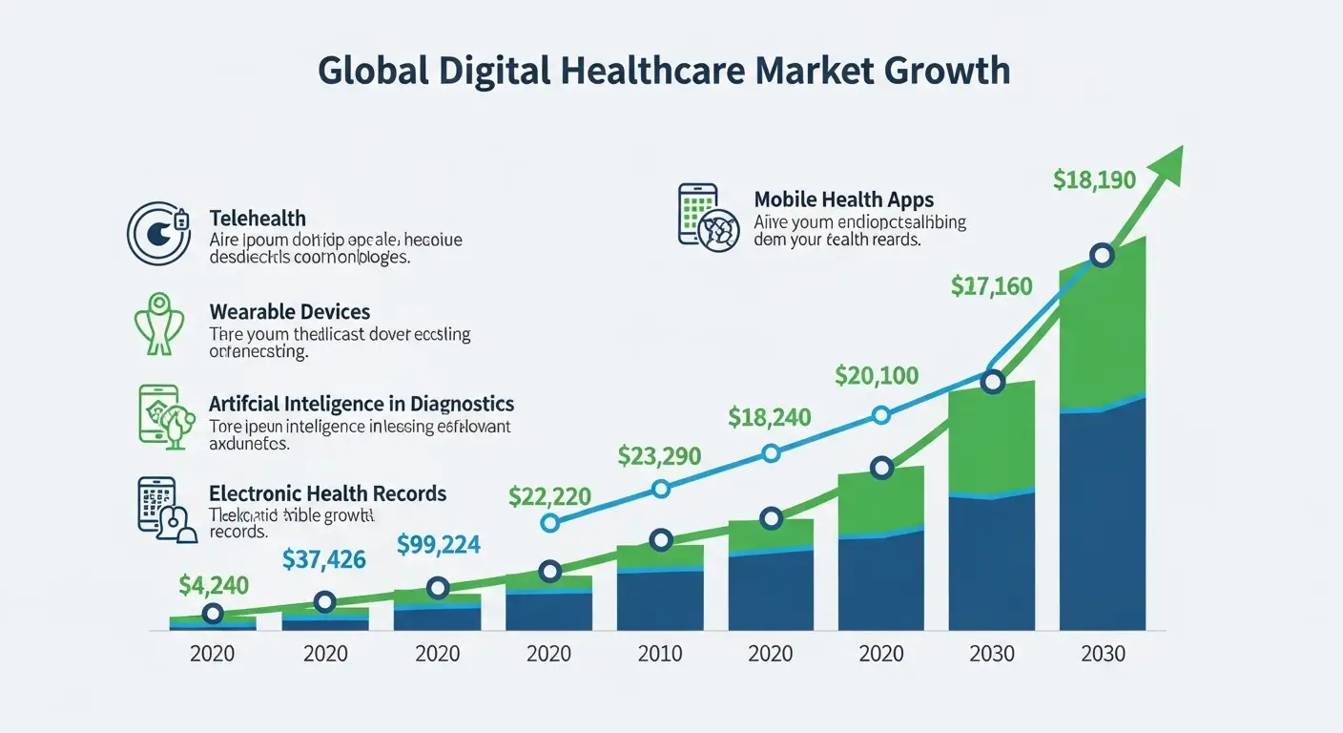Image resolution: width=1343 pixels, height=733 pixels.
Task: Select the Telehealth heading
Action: [x=258, y=220]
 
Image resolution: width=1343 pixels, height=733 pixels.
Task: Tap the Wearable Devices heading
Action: [x=289, y=312]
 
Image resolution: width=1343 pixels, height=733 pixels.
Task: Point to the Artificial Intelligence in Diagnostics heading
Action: [x=362, y=404]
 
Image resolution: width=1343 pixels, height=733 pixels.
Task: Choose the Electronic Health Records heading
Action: [x=327, y=493]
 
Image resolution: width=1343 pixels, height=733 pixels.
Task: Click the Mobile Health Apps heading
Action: [x=843, y=199]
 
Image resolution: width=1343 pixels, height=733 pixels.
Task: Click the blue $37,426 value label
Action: [x=324, y=559]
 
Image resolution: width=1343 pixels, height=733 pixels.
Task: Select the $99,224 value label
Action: [x=438, y=544]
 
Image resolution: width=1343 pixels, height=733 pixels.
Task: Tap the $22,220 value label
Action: [x=549, y=496]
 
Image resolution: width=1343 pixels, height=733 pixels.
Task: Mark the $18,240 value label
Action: [x=770, y=417]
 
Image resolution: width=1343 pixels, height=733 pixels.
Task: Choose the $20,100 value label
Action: [x=877, y=375]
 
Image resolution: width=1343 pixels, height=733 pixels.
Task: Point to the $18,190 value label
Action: [x=1094, y=178]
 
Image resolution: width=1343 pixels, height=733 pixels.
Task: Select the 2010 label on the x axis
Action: [x=660, y=654]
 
